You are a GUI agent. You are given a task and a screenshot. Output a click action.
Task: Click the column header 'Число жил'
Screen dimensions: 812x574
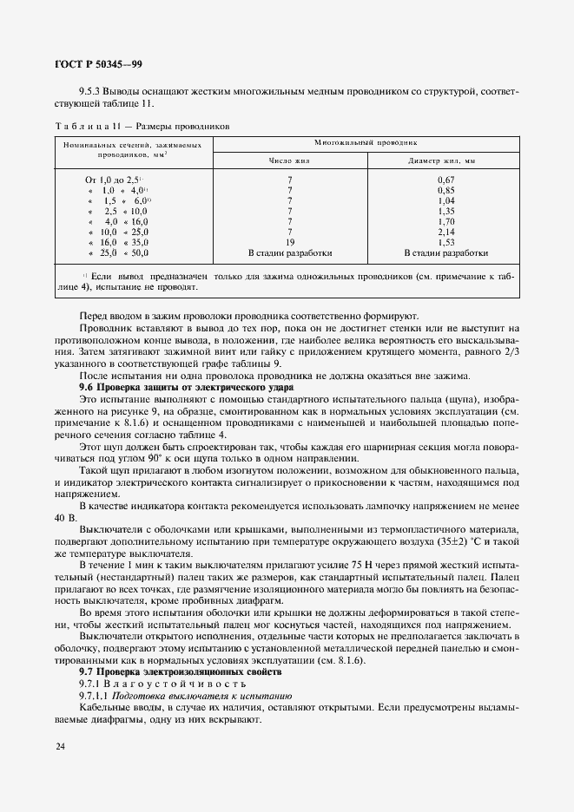pos(288,160)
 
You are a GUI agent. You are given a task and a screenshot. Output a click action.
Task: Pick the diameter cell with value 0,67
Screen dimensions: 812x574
pos(446,178)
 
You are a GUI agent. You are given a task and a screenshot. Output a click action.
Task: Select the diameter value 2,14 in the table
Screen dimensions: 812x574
pos(446,232)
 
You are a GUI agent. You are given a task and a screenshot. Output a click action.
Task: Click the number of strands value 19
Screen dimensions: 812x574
pos(288,243)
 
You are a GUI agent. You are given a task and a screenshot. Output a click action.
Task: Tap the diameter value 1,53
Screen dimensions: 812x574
pos(446,243)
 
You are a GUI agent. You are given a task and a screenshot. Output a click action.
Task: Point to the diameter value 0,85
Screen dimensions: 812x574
pos(446,189)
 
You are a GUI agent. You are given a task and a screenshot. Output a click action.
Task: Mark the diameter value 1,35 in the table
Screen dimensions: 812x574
pos(446,211)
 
